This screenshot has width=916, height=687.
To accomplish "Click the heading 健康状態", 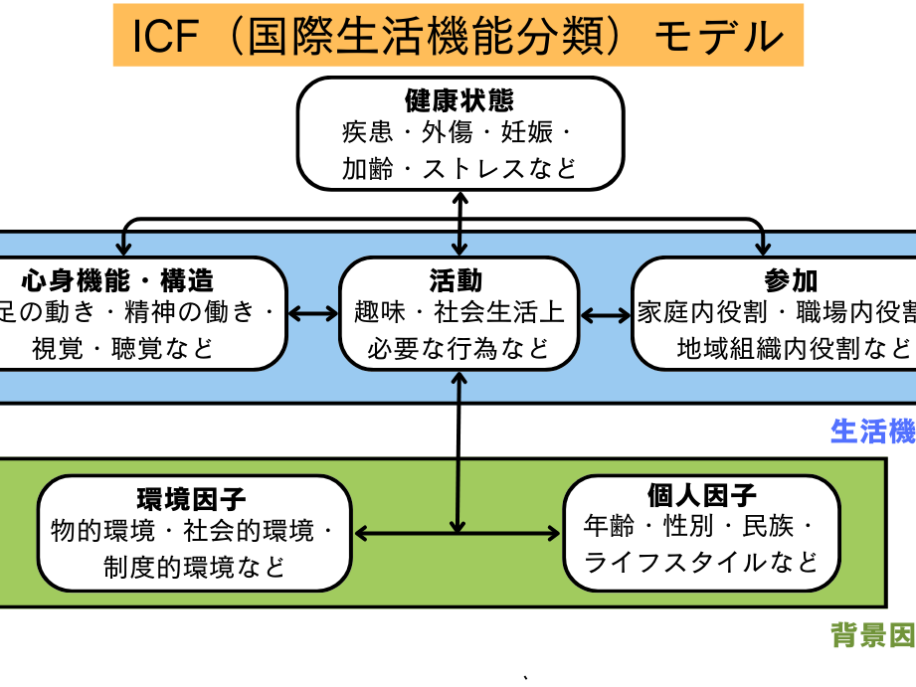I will click(x=458, y=100).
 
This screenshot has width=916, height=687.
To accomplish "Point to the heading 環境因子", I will click(x=192, y=498).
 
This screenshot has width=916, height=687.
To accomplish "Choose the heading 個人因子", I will click(x=701, y=494).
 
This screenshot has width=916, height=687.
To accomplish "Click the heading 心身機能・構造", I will click(x=117, y=280).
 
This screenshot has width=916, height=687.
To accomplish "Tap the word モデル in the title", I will click(x=718, y=36).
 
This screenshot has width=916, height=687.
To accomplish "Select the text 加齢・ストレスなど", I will click(x=458, y=167).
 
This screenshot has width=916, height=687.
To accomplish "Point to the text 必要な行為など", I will click(x=458, y=348).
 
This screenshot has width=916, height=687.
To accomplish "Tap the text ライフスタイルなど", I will click(x=701, y=562).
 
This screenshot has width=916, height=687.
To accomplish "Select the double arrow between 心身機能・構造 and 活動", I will click(x=313, y=314).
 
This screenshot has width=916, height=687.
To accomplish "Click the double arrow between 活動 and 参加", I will click(x=606, y=314).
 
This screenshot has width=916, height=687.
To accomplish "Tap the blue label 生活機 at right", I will click(x=872, y=430).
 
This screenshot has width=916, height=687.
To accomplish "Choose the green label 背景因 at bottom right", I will click(x=872, y=636).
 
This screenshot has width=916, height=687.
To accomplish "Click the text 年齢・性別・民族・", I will click(x=701, y=527).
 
